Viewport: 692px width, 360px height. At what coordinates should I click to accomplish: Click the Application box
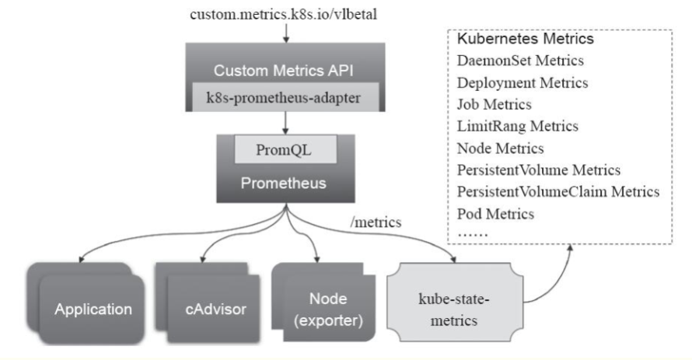[92, 309]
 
